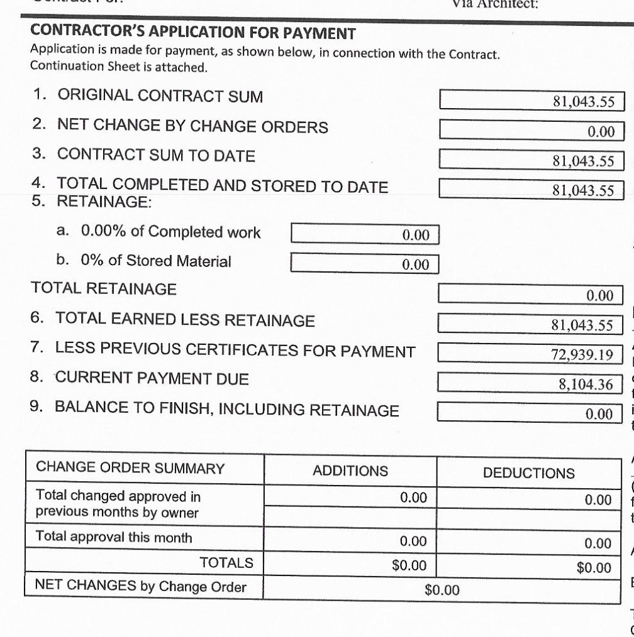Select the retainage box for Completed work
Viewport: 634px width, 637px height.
tap(365, 234)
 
